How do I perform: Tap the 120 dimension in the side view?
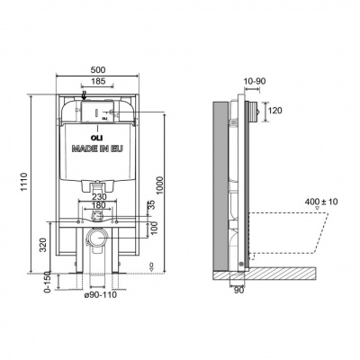coord(276,111)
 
